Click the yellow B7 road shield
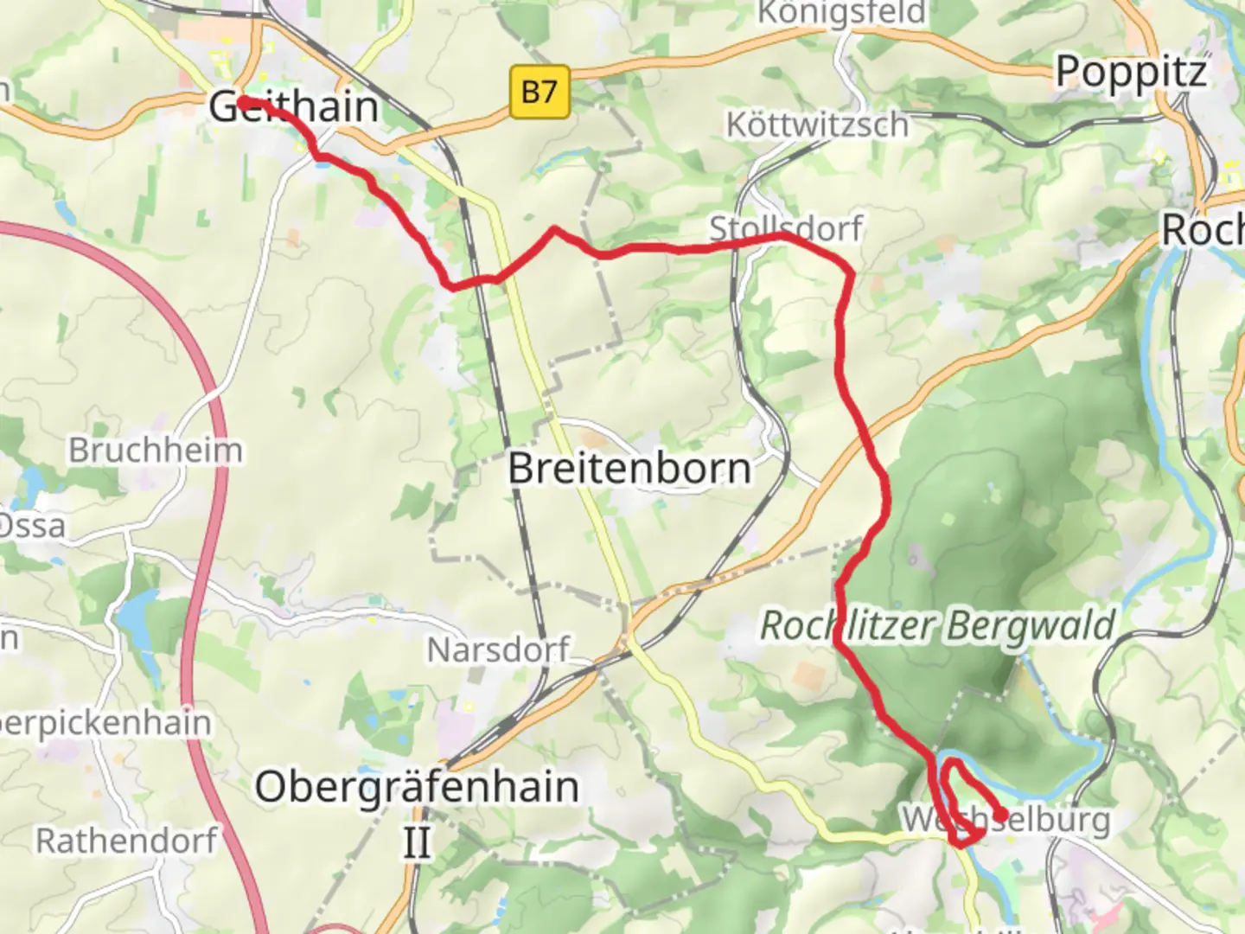(539, 91)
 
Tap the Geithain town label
(294, 107)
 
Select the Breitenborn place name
(629, 469)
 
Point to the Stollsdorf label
(786, 228)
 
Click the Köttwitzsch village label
(817, 125)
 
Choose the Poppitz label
(1131, 72)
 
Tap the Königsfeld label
(841, 14)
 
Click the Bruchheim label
(156, 450)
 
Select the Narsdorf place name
(499, 649)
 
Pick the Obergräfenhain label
(417, 787)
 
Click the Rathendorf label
(126, 840)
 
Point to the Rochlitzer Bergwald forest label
(937, 625)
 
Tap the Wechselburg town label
(1006, 818)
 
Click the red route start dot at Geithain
(245, 103)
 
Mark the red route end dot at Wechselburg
(1000, 815)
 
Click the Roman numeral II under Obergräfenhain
(417, 841)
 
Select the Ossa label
(31, 525)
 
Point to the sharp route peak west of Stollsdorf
(554, 230)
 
